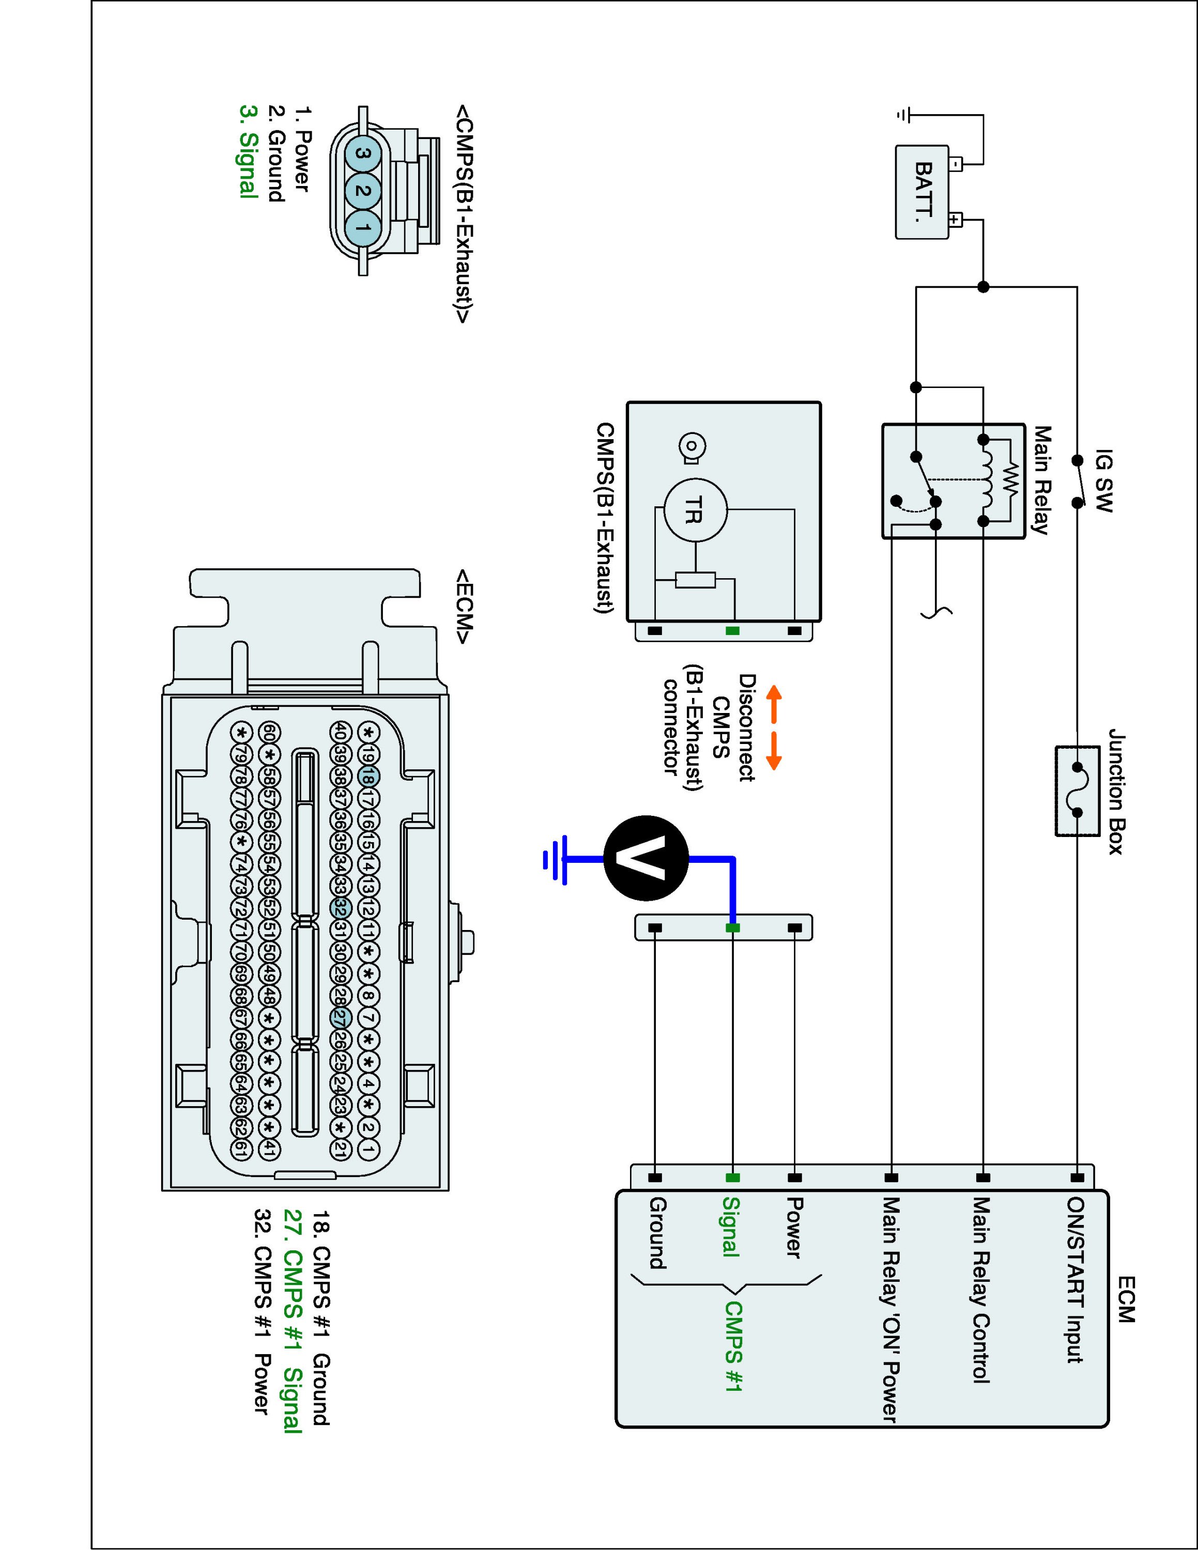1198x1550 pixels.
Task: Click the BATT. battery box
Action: (922, 192)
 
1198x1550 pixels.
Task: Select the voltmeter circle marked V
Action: (646, 859)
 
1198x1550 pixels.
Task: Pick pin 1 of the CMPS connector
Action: (363, 228)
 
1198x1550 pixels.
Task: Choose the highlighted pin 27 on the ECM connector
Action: (341, 1018)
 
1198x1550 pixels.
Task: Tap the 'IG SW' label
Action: (1104, 481)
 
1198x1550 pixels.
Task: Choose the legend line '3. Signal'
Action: (249, 152)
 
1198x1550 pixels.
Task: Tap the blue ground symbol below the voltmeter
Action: (555, 859)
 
